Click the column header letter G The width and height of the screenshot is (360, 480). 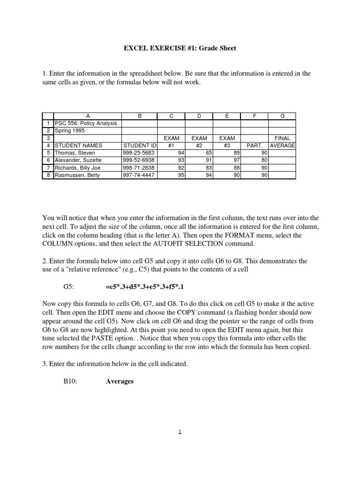[282, 116]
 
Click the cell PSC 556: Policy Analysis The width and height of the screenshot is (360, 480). [86, 123]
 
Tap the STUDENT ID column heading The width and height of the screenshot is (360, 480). [139, 145]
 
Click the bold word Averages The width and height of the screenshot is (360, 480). [120, 382]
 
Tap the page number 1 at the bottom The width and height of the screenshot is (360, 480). [180, 432]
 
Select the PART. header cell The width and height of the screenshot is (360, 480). [254, 145]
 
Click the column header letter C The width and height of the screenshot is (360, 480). [171, 116]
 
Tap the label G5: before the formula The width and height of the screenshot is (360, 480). [69, 286]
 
